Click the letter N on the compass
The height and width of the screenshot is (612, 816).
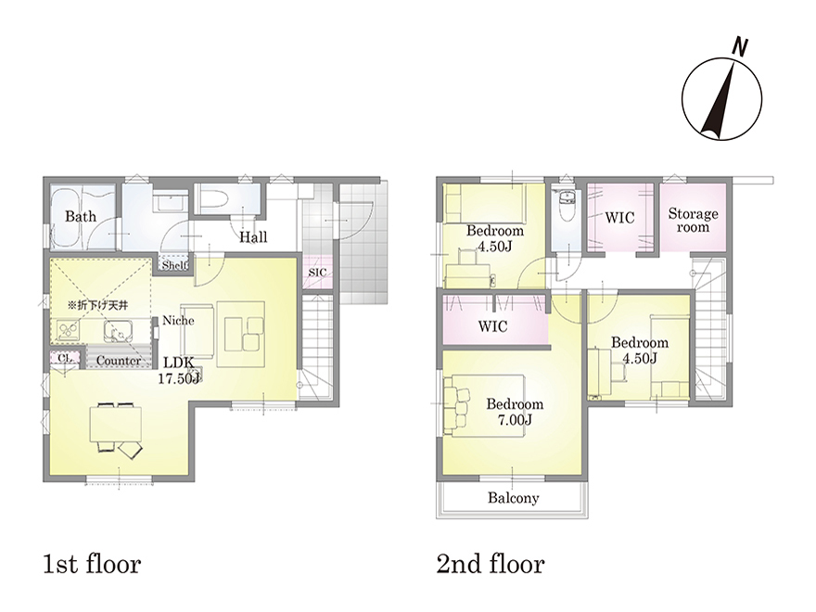click(739, 47)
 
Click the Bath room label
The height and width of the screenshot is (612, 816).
click(81, 216)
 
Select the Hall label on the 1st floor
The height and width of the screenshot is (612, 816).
click(253, 237)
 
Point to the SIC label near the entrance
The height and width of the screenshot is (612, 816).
click(317, 273)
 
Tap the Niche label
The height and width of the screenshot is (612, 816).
click(178, 320)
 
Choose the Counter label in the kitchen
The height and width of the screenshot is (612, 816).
click(119, 360)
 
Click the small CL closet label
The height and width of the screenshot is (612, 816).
click(65, 358)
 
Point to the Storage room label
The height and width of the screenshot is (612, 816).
click(694, 220)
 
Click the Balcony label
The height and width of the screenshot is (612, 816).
click(513, 498)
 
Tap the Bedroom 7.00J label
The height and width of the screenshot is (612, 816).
click(515, 412)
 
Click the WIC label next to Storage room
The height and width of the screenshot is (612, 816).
click(619, 218)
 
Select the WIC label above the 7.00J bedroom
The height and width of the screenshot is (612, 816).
click(492, 326)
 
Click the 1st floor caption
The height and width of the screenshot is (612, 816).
click(92, 564)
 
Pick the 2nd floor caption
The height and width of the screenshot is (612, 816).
click(491, 564)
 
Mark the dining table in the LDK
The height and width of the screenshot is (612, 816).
click(116, 424)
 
